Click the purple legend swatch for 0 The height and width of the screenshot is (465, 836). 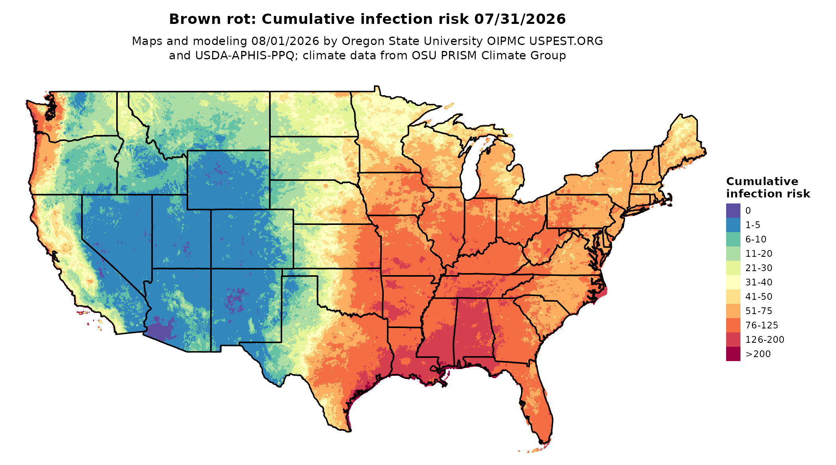(x=733, y=211)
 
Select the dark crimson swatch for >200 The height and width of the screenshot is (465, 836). (x=733, y=354)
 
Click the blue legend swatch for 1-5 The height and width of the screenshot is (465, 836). (x=733, y=225)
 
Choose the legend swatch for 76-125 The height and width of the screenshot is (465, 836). (x=733, y=325)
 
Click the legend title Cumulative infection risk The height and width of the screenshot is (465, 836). (x=768, y=188)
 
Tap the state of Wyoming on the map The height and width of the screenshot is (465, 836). (x=228, y=180)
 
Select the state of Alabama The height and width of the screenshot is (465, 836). (x=474, y=330)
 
